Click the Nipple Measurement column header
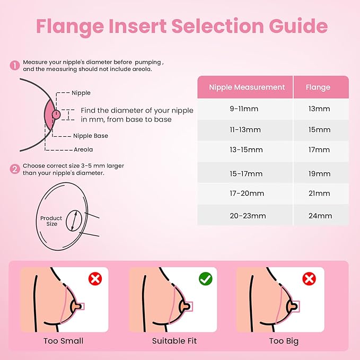coord(247,87)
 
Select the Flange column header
coord(319,87)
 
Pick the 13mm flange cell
coord(319,109)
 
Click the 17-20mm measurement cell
coord(247,195)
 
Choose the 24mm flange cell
coord(320,216)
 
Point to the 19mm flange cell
coord(319,173)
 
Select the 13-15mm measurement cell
coord(247,150)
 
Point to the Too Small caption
coord(64,340)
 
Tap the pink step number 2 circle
coord(14,169)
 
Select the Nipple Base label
coord(90,136)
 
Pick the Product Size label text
coord(51,221)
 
